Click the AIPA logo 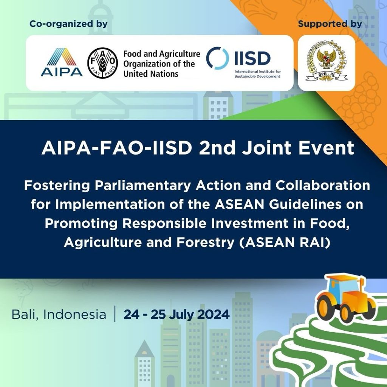tap(62, 62)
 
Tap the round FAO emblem tap(102, 63)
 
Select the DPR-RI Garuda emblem tap(327, 62)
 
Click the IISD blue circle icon tap(217, 58)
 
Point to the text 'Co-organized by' tap(69, 24)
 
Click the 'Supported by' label tap(330, 24)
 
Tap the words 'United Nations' tap(151, 74)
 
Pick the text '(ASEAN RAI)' tap(285, 242)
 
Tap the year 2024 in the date tap(214, 314)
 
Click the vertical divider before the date tap(115, 314)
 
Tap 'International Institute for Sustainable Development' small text tap(257, 74)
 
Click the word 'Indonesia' tap(75, 314)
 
